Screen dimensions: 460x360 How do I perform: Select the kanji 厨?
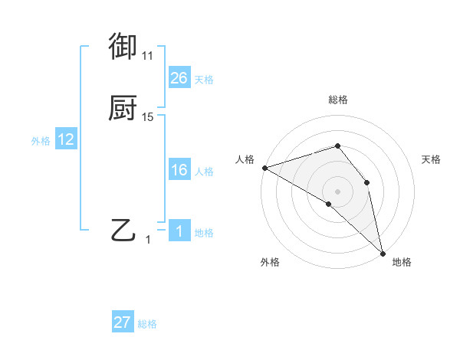click(123, 108)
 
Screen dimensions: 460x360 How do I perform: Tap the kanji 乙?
click(123, 230)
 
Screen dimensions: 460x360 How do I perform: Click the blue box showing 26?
click(179, 77)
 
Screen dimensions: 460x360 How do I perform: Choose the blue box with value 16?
click(179, 170)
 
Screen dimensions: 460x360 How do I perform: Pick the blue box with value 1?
click(179, 231)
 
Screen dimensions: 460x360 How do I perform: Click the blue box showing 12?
click(66, 139)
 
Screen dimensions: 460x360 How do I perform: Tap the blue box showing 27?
click(123, 322)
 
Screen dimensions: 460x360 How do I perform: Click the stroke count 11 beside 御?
click(148, 56)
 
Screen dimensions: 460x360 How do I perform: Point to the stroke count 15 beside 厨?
click(148, 117)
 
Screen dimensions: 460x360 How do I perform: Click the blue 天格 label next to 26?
click(204, 80)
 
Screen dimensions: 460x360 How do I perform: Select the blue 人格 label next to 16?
click(204, 172)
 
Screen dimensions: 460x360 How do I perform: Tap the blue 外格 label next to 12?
click(40, 142)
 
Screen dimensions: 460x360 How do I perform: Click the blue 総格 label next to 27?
click(147, 325)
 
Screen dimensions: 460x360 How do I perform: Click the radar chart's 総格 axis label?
click(338, 100)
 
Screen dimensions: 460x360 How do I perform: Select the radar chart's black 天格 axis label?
click(432, 159)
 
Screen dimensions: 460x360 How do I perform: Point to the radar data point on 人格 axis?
click(264, 167)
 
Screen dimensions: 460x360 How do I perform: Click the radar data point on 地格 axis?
click(383, 252)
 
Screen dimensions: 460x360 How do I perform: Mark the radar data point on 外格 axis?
click(329, 204)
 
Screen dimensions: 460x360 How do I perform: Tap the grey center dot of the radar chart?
click(338, 191)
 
